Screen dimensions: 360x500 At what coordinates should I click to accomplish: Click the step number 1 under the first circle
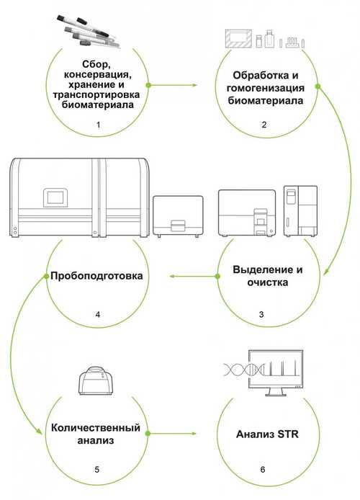pyautogui.click(x=98, y=125)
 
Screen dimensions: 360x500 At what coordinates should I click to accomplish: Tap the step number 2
pyautogui.click(x=264, y=125)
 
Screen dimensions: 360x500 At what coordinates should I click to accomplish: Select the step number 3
pyautogui.click(x=261, y=314)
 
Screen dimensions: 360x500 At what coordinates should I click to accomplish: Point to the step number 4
pyautogui.click(x=97, y=315)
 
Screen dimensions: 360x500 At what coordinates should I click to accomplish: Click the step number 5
pyautogui.click(x=97, y=470)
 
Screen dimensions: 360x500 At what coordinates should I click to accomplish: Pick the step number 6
pyautogui.click(x=263, y=470)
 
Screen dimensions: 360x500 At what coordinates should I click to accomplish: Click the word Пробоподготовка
pyautogui.click(x=96, y=276)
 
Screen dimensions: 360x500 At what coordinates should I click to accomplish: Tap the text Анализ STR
pyautogui.click(x=267, y=434)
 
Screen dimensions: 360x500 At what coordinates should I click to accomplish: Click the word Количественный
pyautogui.click(x=96, y=428)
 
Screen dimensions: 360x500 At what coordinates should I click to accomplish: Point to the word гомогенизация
pyautogui.click(x=266, y=88)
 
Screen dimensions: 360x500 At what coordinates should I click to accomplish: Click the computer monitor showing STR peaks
pyautogui.click(x=276, y=372)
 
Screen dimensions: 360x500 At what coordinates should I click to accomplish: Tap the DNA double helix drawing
pyautogui.click(x=244, y=370)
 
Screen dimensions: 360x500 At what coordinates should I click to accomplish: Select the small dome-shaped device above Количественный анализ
pyautogui.click(x=96, y=380)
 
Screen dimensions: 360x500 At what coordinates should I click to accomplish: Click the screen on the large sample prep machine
pyautogui.click(x=55, y=197)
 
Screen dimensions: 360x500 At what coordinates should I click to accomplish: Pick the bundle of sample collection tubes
pyautogui.click(x=89, y=31)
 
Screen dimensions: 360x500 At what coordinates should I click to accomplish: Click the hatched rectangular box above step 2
pyautogui.click(x=238, y=39)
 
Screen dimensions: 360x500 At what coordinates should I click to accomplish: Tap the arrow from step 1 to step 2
pyautogui.click(x=172, y=85)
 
